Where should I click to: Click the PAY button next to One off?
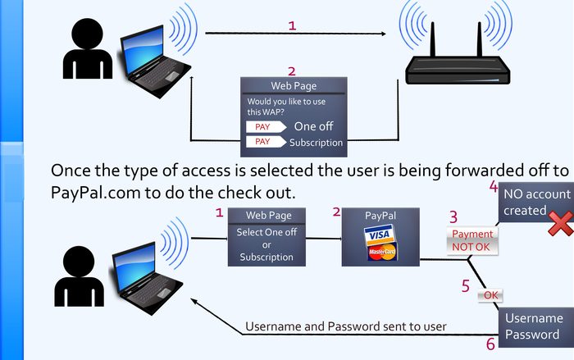[x=262, y=127]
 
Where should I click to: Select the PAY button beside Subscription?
[x=262, y=142]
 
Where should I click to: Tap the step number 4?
[x=494, y=187]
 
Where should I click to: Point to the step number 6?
[x=490, y=344]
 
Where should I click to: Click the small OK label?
[x=490, y=294]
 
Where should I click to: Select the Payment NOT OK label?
[x=472, y=240]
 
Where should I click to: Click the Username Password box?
[x=534, y=326]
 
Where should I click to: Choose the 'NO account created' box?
[x=526, y=203]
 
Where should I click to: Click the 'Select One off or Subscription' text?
[x=266, y=245]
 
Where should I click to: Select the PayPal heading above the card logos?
[x=380, y=214]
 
